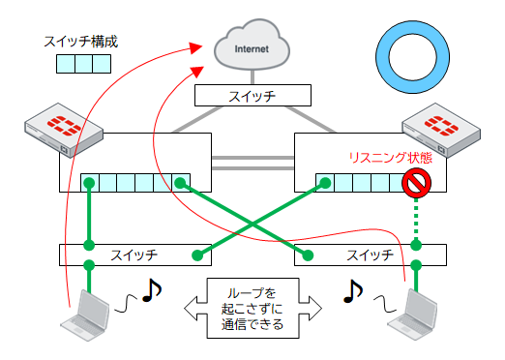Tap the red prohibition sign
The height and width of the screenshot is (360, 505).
(x=416, y=181)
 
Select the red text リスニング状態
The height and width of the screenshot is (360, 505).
(x=390, y=159)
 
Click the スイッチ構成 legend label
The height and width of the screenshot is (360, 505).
(x=81, y=43)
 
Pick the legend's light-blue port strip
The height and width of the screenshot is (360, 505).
(x=82, y=65)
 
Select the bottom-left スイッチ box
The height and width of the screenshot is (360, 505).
(x=135, y=255)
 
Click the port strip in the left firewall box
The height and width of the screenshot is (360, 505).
(x=134, y=182)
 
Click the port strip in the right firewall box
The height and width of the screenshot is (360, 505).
(x=363, y=182)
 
